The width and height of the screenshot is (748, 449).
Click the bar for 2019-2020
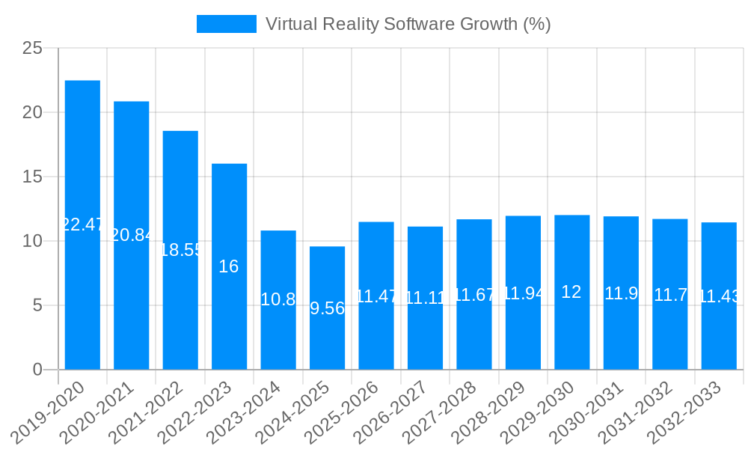tap(82, 224)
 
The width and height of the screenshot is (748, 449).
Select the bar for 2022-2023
tap(229, 266)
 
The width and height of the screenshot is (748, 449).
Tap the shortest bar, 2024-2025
tap(327, 308)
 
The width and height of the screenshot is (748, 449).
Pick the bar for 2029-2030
tap(571, 292)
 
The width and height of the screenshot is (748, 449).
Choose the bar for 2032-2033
tap(719, 296)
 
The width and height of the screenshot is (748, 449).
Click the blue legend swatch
tap(226, 24)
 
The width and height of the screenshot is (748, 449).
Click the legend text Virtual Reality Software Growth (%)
tap(408, 24)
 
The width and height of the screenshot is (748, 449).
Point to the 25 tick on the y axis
tap(32, 49)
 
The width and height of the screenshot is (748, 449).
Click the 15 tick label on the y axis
tap(32, 177)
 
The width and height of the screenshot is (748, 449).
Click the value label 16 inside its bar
tap(229, 266)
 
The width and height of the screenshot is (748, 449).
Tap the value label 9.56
tap(327, 308)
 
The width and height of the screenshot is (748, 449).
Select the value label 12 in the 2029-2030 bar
tap(571, 292)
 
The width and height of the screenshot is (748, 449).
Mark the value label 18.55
tap(180, 251)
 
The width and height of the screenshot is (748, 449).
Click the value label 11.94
tap(523, 293)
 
